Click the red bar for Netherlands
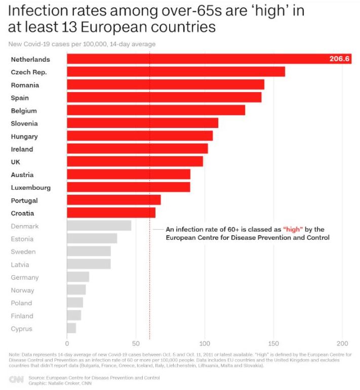[203, 59]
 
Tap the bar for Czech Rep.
[176, 72]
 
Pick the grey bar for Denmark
[99, 226]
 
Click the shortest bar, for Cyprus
[71, 329]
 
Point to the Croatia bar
[111, 213]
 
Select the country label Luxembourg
[31, 188]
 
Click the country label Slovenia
[24, 123]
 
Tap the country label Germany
[25, 277]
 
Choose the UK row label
[16, 162]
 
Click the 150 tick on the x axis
[274, 341]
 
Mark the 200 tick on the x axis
[343, 341]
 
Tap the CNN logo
[16, 379]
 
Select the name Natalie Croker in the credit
[64, 383]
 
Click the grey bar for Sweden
[89, 251]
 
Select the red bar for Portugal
[113, 200]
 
